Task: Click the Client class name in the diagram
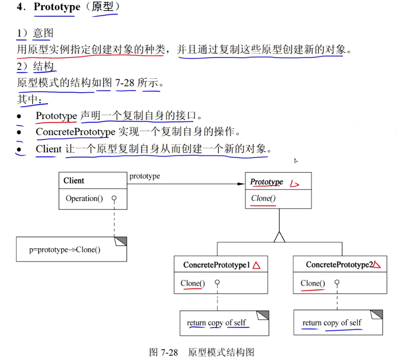(x=74, y=181)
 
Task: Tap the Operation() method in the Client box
(x=84, y=198)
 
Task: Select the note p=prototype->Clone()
(x=65, y=249)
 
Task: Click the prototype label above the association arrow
(x=145, y=177)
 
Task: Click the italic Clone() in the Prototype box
(x=263, y=198)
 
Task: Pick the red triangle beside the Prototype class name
(x=294, y=184)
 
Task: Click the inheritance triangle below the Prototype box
(x=278, y=237)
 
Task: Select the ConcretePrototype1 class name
(x=216, y=265)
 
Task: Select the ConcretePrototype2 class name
(x=339, y=265)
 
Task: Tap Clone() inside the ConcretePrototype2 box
(x=313, y=283)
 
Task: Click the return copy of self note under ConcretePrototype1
(x=216, y=322)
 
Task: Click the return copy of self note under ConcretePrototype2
(x=332, y=322)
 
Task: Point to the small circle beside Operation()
(x=114, y=198)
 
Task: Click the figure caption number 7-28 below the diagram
(x=170, y=352)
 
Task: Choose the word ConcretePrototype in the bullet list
(x=75, y=132)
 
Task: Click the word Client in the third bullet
(x=49, y=149)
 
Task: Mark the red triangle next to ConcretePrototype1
(x=256, y=265)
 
